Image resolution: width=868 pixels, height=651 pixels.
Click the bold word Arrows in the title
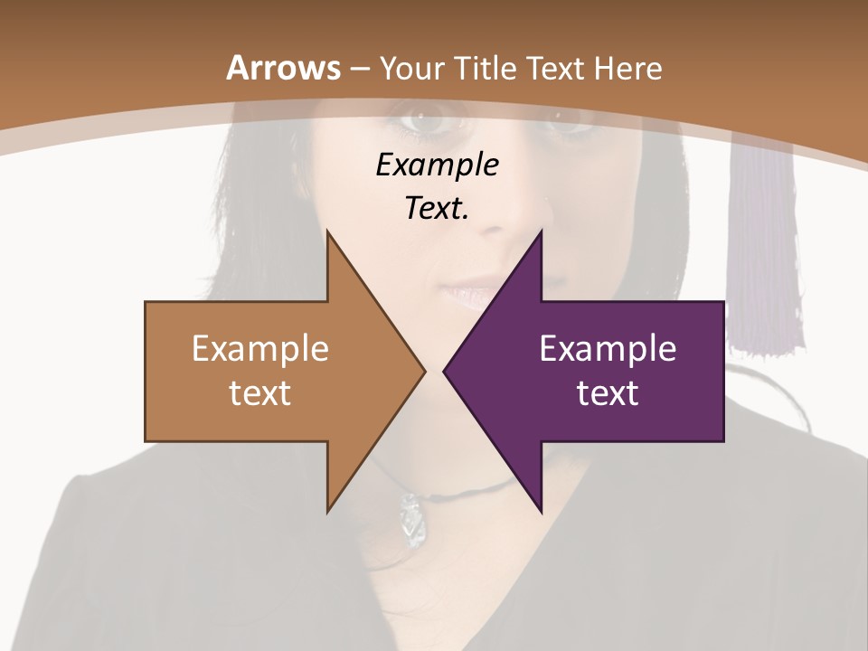pyautogui.click(x=283, y=68)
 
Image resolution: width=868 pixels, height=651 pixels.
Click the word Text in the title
pyautogui.click(x=556, y=68)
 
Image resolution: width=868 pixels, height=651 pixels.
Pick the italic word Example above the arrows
pyautogui.click(x=437, y=165)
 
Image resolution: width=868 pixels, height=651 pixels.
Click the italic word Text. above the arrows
pyautogui.click(x=437, y=209)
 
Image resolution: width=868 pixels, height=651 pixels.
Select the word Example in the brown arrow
pyautogui.click(x=260, y=348)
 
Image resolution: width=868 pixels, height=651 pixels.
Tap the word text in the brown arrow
pyautogui.click(x=260, y=392)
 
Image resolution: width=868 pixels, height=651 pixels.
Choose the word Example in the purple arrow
pyautogui.click(x=608, y=348)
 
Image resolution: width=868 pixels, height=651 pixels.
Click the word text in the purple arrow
pyautogui.click(x=608, y=392)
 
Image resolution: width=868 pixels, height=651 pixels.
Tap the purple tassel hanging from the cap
pyautogui.click(x=766, y=262)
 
